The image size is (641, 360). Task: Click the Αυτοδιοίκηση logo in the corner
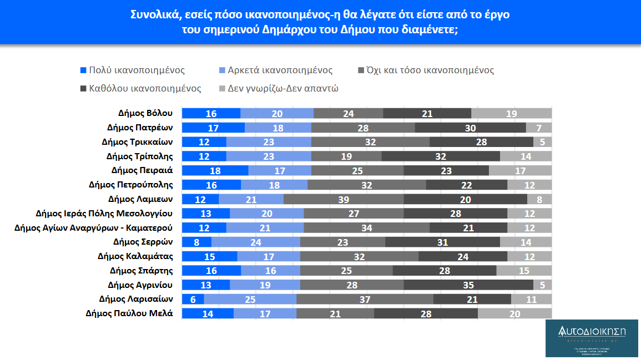tap(592, 338)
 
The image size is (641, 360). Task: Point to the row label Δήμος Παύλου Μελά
tap(129, 313)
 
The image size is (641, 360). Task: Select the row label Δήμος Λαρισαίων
tap(136, 299)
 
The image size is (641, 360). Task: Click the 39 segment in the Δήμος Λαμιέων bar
tap(344, 199)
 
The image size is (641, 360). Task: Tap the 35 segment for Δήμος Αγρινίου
tap(468, 285)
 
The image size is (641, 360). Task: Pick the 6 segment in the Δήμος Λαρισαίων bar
tap(193, 299)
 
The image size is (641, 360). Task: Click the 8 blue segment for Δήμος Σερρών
tap(197, 242)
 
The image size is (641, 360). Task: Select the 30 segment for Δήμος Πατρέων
tap(470, 128)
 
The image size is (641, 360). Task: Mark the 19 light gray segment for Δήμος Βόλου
tap(511, 113)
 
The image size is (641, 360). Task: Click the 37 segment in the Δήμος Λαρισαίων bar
tap(365, 299)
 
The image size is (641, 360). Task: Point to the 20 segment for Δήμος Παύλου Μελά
tap(514, 313)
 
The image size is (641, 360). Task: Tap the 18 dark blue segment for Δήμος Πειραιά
tap(215, 170)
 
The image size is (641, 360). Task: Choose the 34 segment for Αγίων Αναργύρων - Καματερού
tap(366, 227)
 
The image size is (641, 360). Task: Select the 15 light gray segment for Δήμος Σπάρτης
tap(524, 271)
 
